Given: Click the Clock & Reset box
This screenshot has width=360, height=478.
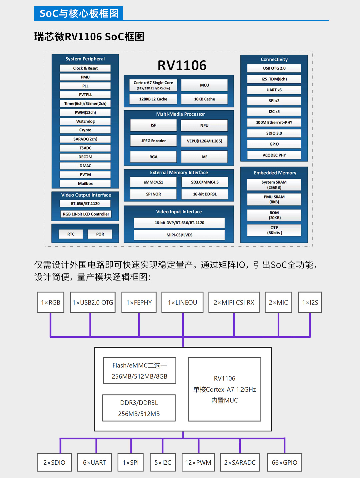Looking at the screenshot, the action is pos(85,68).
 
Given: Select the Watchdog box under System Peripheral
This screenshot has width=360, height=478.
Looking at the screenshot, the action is pos(85,121).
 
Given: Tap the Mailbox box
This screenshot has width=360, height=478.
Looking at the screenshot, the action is pos(85,184).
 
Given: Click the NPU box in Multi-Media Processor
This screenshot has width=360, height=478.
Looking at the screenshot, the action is pos(204,125).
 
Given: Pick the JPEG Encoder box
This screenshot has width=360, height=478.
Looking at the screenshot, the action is pos(153,141).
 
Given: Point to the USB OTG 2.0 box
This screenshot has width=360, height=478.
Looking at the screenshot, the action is pos(274,68).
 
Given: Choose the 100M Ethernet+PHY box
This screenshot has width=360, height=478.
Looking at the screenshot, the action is pos(274,122).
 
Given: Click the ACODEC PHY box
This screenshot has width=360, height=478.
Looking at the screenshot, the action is pos(274,155).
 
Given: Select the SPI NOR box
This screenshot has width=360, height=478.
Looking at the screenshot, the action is pos(153,194).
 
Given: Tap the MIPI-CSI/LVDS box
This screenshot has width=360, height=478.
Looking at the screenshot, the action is pos(179,235).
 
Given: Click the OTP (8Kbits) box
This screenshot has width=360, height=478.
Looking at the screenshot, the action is pos(274,230).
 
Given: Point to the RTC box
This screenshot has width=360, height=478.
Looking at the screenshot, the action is pos(71,234).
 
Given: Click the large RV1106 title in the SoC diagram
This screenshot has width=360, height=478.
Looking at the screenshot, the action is pos(182,65).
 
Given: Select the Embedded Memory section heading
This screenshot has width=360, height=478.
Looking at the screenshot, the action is pos(275,173).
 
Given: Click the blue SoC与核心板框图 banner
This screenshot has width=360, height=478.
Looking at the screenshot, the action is pos(78,13).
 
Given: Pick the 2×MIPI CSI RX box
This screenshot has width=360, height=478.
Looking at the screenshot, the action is pos(234,302).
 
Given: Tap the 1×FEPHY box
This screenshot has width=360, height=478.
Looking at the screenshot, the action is pos(139,302).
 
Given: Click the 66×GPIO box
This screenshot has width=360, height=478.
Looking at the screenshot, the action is pos(284,462).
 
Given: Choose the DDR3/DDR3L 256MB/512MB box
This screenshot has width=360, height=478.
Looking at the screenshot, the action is pos(139,408).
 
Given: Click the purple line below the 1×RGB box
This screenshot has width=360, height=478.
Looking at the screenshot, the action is pos(51,325).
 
